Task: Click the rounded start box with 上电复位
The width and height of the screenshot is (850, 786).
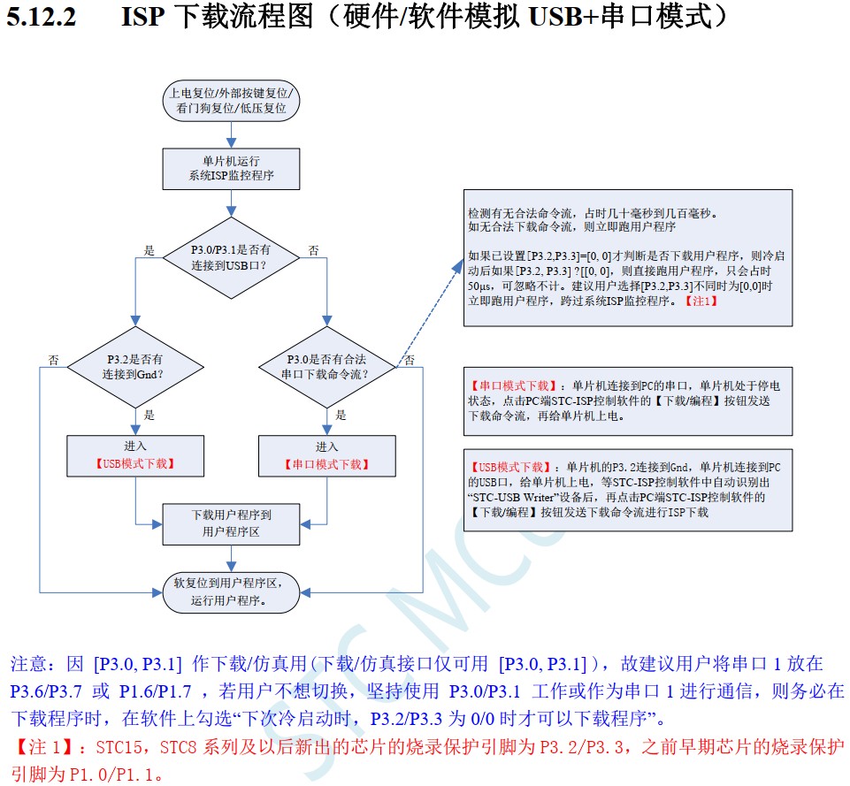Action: coord(232,100)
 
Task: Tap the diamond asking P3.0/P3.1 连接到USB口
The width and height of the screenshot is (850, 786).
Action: coord(232,257)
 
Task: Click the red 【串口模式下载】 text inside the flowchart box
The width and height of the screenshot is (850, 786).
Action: coord(327,464)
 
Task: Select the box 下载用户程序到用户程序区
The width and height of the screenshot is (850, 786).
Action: coord(232,523)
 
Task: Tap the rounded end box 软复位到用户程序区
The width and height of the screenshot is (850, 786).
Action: coord(232,591)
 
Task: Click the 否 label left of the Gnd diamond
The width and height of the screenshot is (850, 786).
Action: coord(54,360)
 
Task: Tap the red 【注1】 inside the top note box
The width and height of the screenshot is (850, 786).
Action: coord(701,301)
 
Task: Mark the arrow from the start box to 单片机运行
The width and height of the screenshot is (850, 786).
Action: coord(232,134)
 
